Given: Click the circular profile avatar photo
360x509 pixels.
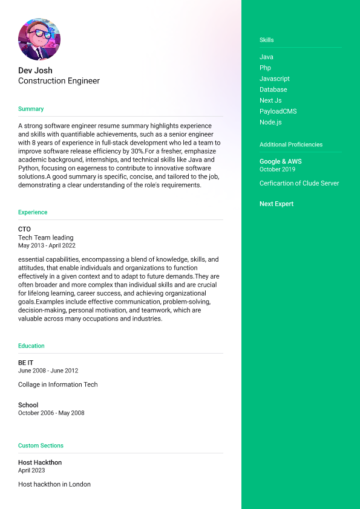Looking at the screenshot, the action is click(39, 39).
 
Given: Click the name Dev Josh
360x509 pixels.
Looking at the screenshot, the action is click(35, 71).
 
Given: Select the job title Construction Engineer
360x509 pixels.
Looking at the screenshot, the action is click(59, 81).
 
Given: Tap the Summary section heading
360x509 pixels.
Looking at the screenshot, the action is click(31, 109).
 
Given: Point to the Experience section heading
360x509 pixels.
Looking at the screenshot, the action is click(33, 212).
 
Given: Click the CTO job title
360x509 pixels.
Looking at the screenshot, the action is click(24, 229).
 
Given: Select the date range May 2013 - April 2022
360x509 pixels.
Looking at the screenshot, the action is click(47, 246).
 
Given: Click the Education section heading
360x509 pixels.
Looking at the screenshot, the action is click(31, 346).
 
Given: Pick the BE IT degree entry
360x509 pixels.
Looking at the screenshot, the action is click(25, 363).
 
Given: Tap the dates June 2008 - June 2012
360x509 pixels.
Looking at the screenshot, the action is click(48, 371).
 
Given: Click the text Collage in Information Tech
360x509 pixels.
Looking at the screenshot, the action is click(57, 384).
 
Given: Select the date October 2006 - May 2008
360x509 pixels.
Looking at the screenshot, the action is click(51, 413).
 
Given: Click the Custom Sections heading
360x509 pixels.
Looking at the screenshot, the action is click(41, 446).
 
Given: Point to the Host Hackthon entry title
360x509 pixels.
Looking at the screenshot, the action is click(40, 462).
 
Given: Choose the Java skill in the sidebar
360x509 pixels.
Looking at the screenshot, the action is click(266, 57).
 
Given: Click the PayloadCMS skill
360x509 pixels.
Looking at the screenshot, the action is click(278, 111).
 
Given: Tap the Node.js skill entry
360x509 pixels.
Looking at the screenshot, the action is click(270, 122).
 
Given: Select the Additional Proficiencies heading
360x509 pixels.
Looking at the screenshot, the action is click(291, 144).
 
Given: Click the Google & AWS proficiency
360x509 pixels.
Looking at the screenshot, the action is click(280, 161).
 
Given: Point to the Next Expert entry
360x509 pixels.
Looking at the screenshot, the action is click(277, 204).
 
